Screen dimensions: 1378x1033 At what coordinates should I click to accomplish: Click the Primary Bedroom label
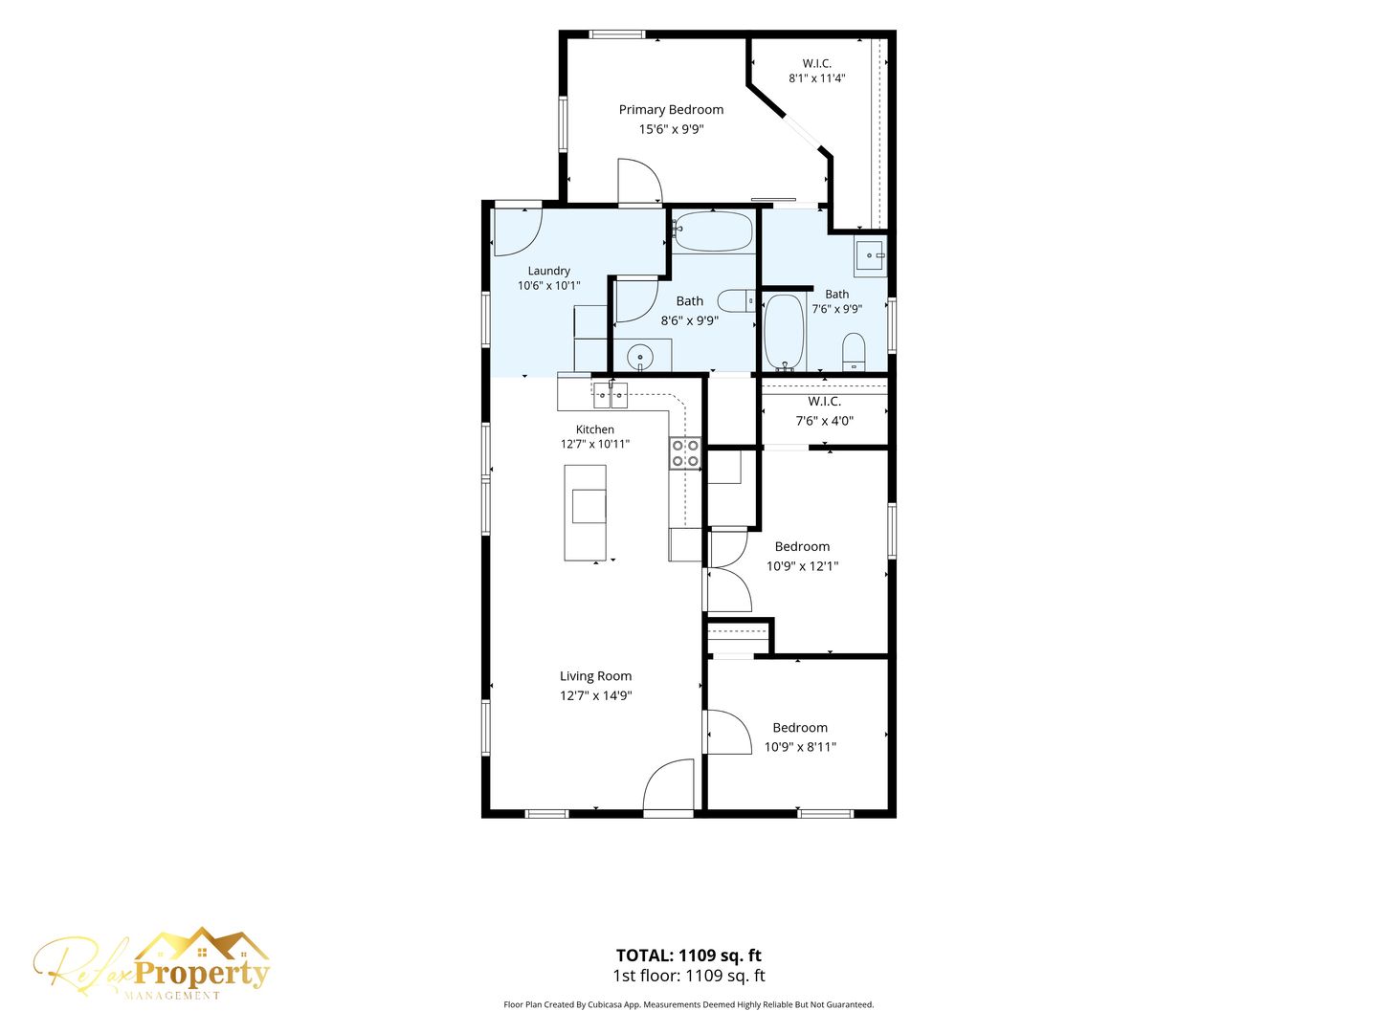671,110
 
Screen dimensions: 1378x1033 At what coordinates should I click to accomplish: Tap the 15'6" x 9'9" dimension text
671,129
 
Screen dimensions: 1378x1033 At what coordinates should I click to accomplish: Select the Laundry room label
548,271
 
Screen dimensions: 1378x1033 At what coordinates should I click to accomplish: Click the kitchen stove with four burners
685,453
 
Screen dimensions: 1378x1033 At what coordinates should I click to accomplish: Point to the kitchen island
585,512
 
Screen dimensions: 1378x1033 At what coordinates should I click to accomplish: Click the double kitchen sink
611,395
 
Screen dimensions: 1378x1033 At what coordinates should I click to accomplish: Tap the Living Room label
595,675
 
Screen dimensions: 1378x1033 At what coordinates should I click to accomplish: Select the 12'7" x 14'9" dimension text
595,695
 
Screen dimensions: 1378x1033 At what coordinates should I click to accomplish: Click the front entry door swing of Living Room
667,784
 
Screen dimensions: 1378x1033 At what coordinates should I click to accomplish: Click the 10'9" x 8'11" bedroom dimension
800,746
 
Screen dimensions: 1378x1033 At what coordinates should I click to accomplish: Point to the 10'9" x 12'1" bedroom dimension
802,565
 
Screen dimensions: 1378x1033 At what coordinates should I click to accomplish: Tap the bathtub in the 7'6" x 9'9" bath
784,333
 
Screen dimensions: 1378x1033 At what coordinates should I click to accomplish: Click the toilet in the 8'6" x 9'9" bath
737,301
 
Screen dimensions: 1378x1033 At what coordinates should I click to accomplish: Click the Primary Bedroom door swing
640,182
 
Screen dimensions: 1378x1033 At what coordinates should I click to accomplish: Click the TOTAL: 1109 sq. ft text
688,956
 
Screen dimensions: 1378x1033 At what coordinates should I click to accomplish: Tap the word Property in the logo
202,975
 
